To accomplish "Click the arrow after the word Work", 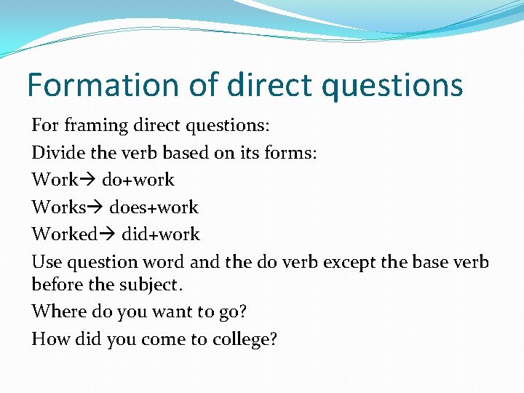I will point(90,180).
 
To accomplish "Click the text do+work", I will point(138,180).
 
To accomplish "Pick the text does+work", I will point(154,207).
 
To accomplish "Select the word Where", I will point(57,311).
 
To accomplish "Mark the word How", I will point(48,338).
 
